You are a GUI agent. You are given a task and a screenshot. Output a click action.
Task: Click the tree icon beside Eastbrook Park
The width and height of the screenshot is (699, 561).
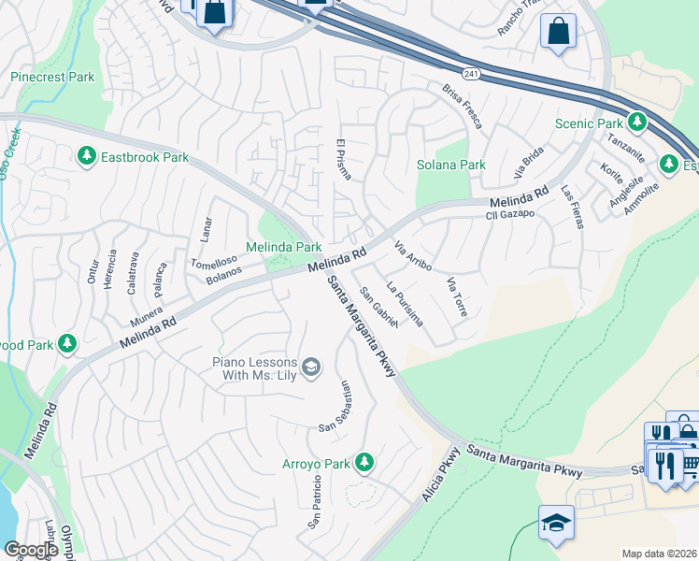click(x=87, y=156)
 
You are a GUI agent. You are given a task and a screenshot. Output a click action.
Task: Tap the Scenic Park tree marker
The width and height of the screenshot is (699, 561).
click(x=637, y=122)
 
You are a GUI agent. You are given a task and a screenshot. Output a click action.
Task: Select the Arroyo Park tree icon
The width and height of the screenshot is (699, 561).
click(x=364, y=463)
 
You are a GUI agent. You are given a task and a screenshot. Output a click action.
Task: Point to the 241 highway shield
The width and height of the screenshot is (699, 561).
click(x=470, y=72)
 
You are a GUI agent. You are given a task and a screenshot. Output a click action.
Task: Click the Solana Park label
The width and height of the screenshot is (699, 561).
click(x=451, y=165)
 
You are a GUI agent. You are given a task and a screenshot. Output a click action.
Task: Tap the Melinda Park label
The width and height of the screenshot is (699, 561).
click(x=283, y=247)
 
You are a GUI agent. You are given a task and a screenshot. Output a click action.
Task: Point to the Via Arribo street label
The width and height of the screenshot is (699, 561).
click(x=412, y=256)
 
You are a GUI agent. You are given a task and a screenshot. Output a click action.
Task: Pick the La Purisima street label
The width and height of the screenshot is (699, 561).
click(x=405, y=305)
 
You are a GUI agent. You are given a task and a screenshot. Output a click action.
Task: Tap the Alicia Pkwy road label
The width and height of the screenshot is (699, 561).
click(x=442, y=474)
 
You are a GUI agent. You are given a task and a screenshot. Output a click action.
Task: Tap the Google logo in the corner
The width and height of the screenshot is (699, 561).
click(x=30, y=550)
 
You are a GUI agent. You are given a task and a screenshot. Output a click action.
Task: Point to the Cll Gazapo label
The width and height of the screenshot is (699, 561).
click(x=509, y=214)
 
